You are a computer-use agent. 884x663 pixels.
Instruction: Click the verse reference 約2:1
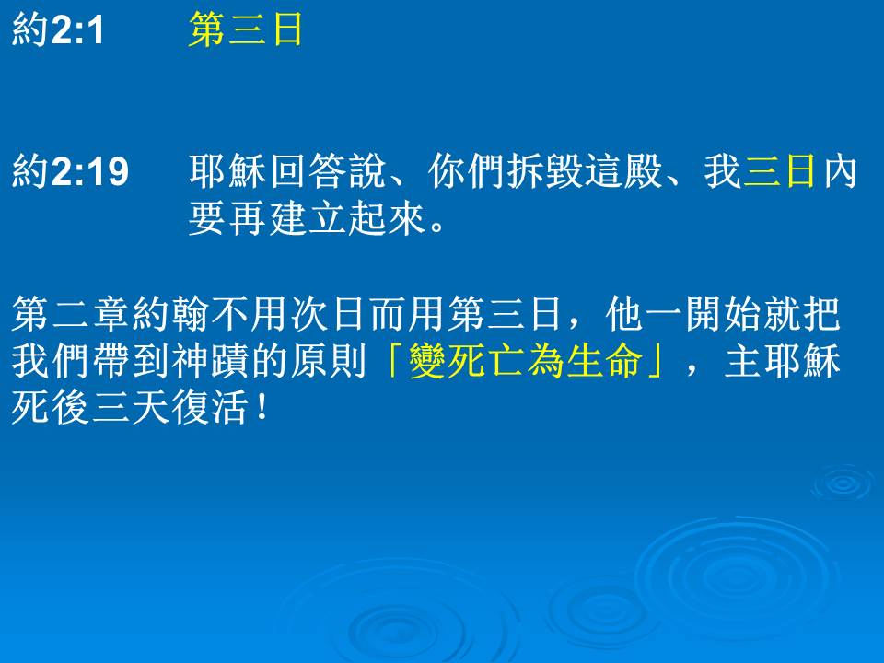pos(57,29)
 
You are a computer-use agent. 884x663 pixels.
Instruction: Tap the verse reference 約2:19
pos(70,171)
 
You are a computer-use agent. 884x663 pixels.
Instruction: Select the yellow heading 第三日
pos(245,29)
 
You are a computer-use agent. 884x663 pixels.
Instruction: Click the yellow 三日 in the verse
pos(780,171)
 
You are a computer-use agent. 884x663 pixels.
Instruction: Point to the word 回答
pos(308,171)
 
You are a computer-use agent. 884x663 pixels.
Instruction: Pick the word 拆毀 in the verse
pos(544,171)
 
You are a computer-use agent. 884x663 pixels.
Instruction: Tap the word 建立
pos(308,219)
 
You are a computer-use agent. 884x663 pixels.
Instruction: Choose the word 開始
pos(723,313)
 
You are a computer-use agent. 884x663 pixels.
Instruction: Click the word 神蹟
pos(210,361)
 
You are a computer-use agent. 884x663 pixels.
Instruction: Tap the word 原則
pos(328,361)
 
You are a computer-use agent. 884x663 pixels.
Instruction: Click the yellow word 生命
pos(604,361)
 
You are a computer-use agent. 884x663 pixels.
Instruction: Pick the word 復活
pos(210,407)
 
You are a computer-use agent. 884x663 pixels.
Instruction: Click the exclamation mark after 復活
pos(261,407)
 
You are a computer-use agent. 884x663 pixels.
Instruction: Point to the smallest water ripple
pos(843,483)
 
